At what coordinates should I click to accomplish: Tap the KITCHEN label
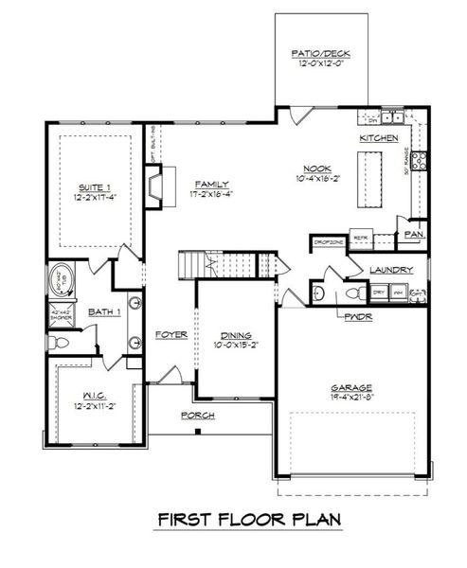[378, 138]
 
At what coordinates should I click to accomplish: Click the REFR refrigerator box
[360, 240]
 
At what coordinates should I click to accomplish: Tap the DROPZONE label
[329, 240]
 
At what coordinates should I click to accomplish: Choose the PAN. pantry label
[414, 233]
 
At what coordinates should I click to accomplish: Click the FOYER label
[172, 334]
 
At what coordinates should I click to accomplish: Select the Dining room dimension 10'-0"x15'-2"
[231, 345]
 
